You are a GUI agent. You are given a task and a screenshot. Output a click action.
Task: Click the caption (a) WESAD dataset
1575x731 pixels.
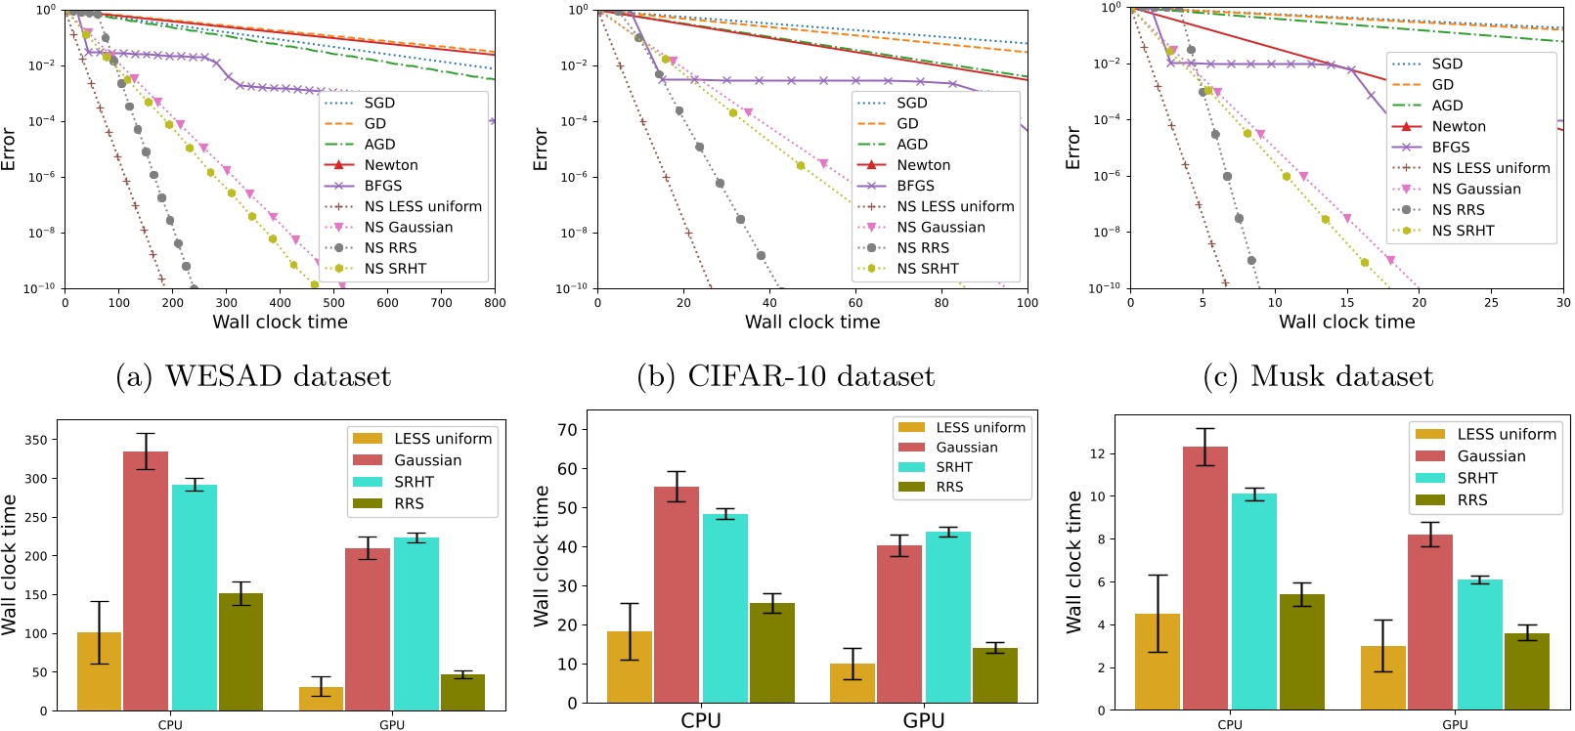coord(253,376)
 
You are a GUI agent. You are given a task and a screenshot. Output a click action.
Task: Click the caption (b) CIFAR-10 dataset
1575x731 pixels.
coord(785,376)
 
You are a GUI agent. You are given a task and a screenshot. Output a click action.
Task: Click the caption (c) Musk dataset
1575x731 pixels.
coord(1318,376)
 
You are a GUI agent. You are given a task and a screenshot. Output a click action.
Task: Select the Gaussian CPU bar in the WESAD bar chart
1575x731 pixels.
coord(146,580)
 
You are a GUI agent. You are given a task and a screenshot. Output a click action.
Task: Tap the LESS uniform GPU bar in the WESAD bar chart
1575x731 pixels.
coord(321,698)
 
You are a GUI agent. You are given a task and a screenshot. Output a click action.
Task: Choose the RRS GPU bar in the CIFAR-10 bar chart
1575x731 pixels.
coord(994,674)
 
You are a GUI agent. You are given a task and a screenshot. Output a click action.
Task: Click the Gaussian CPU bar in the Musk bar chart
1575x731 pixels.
coord(1205,578)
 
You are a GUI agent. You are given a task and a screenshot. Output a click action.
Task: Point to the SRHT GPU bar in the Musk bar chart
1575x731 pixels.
coord(1479,644)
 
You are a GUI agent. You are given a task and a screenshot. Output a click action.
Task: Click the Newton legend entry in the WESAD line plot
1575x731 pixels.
coord(390,165)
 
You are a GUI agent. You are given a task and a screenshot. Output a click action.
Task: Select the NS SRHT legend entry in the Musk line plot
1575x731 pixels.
coord(1462,231)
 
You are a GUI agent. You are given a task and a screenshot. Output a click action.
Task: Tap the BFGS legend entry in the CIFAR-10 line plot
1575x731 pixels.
coord(915,186)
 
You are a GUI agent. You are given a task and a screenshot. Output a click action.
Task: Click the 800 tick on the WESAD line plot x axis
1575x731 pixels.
coord(495,303)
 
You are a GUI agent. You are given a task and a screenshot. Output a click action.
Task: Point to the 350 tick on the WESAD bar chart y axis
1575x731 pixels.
coord(36,440)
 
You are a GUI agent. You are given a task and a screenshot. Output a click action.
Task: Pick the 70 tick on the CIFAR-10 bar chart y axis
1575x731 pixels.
coord(566,429)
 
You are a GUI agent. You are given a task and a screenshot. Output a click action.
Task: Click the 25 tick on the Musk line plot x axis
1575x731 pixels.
coord(1491,303)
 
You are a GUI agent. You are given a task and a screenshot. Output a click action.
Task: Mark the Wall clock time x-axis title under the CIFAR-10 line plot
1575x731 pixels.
coord(811,322)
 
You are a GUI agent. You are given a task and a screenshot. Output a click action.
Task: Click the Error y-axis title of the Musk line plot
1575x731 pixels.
coord(1072,149)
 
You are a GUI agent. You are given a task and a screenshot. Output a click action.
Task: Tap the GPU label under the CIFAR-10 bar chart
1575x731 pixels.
coord(923,720)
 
